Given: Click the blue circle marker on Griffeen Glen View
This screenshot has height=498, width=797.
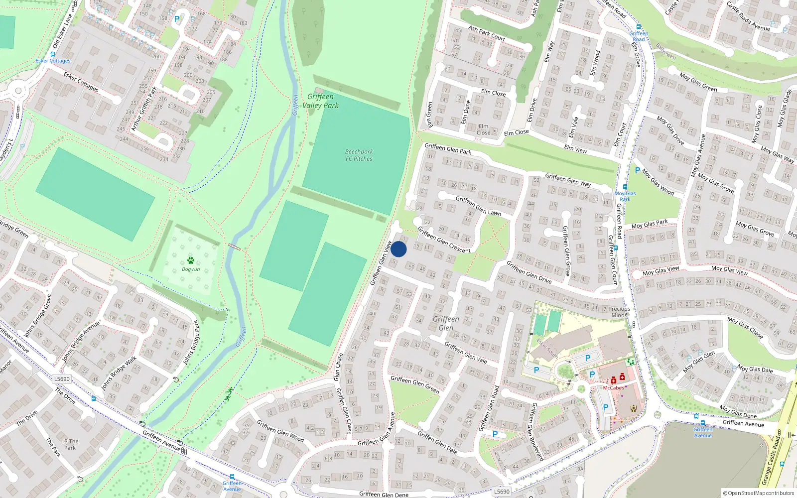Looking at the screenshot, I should pos(398,249).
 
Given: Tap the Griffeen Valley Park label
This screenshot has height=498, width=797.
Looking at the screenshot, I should pos(320,101).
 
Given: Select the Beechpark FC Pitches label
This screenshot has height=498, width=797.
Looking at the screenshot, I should pos(359,155).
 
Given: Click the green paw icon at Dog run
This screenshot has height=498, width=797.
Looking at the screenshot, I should pos(191,260).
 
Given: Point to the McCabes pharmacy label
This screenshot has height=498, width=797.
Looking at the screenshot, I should pos(613,388).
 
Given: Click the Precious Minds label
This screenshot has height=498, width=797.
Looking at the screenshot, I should pos(619,312).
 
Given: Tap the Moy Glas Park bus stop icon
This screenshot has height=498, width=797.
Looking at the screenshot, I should pos(625,187).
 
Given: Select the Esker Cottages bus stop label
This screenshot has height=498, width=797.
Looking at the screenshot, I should pos(53,61).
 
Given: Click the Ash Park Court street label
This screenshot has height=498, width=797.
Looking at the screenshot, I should pos(487,33).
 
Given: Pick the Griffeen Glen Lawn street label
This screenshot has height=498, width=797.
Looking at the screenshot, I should pos(478,206).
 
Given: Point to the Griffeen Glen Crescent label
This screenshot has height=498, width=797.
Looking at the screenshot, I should pos(444,240).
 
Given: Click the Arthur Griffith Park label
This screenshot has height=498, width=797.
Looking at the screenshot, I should pos(144,109).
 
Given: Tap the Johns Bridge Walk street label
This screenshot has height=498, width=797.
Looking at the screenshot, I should pos(119,373).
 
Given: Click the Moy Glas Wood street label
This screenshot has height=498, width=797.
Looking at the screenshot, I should pos(658,182).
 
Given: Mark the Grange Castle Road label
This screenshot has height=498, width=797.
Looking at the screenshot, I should pos(773,461).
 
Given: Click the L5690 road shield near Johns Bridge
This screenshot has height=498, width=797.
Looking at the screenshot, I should pos(62,379).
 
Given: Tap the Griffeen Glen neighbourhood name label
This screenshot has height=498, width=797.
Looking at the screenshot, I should pos(446,323).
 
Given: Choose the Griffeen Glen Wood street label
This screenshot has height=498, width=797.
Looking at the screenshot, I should pos(280,430).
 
